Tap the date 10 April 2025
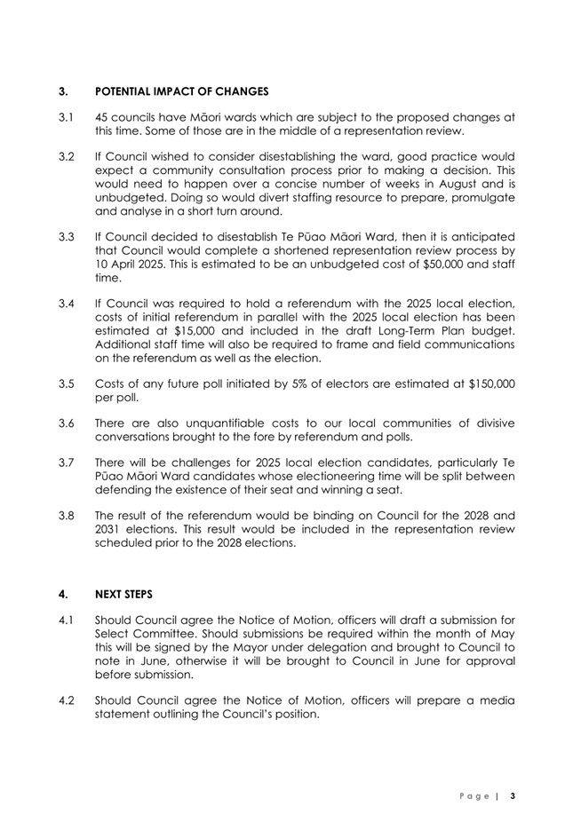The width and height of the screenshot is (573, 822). pos(135,287)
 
